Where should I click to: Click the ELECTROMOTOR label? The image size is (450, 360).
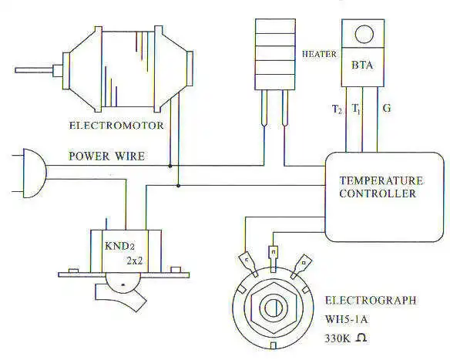(116, 126)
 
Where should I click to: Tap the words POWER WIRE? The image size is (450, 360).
(106, 156)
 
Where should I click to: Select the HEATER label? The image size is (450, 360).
(319, 54)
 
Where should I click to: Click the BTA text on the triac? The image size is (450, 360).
(362, 66)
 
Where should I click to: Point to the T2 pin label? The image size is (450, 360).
(337, 109)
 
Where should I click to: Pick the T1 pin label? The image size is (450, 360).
(356, 109)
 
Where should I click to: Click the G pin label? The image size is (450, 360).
(387, 109)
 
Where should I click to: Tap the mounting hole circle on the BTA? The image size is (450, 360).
(364, 35)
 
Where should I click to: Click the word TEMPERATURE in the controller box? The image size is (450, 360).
(381, 180)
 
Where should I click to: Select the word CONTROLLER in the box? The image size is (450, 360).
(378, 193)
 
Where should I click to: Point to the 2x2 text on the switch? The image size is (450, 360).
(135, 261)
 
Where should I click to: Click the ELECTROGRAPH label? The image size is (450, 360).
(370, 301)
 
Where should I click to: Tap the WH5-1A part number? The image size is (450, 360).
(346, 319)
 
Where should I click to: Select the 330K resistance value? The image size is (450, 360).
(337, 338)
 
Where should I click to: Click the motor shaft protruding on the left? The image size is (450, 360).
(35, 70)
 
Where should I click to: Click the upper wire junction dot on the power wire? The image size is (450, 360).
(170, 166)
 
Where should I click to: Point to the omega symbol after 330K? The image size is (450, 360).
(361, 338)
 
